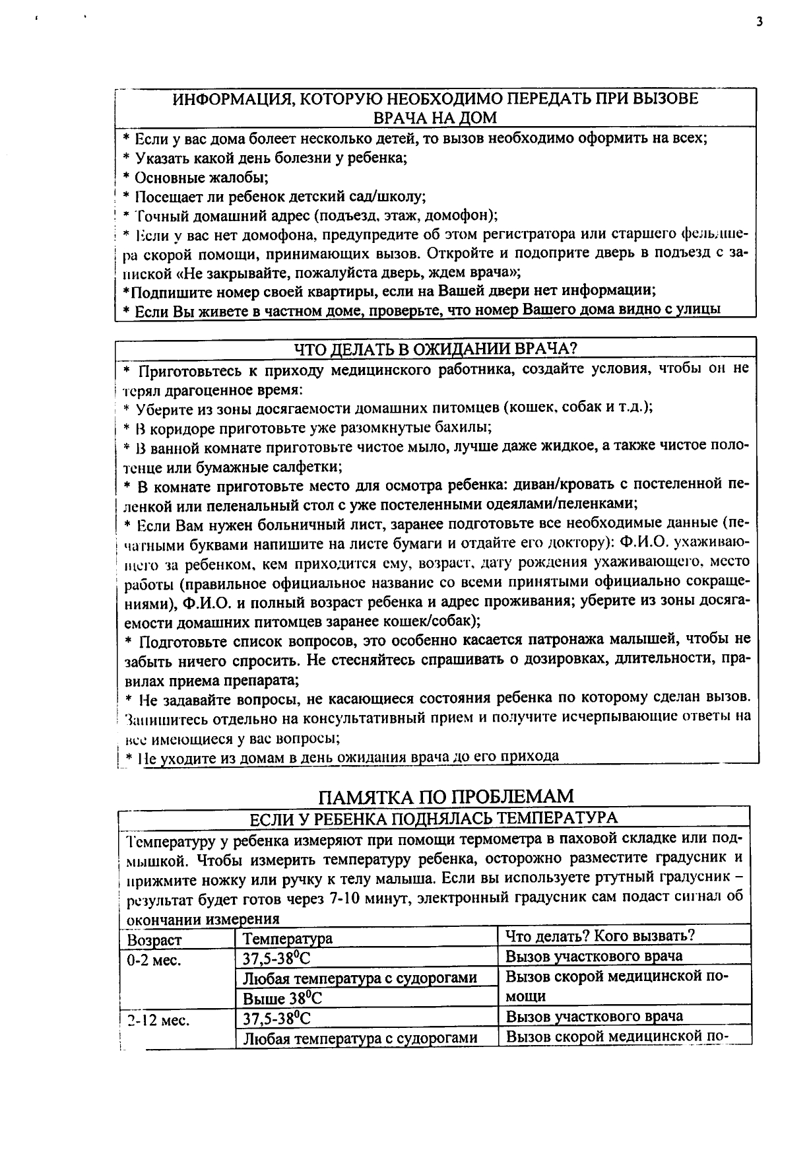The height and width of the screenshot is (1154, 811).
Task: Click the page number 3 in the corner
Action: point(760,22)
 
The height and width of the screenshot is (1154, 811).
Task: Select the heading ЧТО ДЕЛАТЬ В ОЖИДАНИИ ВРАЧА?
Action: point(436,348)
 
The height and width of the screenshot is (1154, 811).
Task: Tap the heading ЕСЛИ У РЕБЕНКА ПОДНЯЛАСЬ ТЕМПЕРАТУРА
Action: point(434,817)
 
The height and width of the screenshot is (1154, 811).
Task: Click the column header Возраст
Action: point(154,939)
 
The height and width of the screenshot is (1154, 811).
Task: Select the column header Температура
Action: point(288,938)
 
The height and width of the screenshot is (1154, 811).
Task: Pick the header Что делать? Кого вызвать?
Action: point(600,935)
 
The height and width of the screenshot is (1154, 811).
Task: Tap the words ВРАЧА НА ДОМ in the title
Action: point(435,118)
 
